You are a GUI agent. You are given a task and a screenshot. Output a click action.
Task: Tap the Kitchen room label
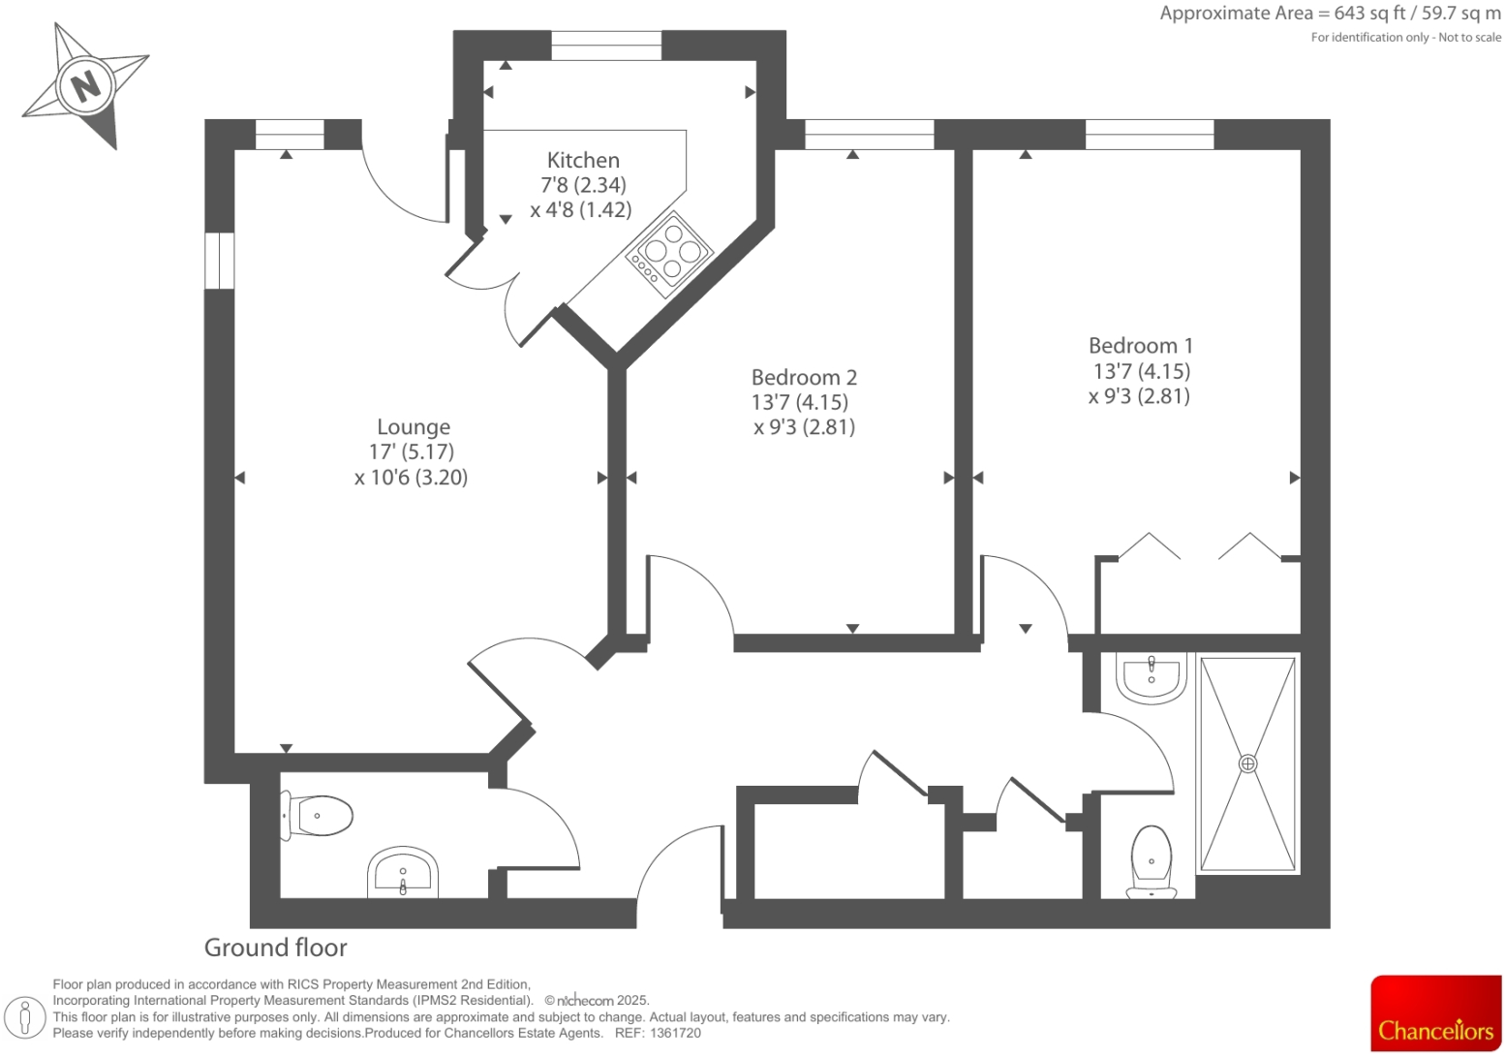coord(583,161)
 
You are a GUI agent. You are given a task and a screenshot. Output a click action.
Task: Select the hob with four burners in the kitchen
coord(669,254)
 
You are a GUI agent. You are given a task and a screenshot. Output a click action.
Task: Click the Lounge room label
coord(414,427)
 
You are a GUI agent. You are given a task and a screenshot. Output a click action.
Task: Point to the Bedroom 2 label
coord(804,378)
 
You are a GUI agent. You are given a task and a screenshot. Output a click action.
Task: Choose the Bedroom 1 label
coord(1140,346)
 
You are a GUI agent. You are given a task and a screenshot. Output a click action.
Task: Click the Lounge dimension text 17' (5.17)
coord(412,451)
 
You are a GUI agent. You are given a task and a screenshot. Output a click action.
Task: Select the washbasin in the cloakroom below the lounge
coord(404,873)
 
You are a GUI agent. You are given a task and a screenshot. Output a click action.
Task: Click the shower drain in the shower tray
coord(1247,763)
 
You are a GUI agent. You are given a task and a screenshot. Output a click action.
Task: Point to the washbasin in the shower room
coord(1151,675)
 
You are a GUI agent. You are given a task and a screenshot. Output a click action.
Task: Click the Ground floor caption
coord(275,948)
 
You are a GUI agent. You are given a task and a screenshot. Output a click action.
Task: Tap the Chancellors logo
coord(1435,1013)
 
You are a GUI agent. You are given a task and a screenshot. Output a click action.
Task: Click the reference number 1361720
coord(677,1034)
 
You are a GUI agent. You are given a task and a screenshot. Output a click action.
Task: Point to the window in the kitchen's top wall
coord(606,45)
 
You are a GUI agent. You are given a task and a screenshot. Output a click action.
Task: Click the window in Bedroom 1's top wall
coord(1149,135)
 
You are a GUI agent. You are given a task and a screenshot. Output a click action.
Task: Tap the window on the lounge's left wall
coord(219,261)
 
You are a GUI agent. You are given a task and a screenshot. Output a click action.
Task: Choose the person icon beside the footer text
coord(26,1016)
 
